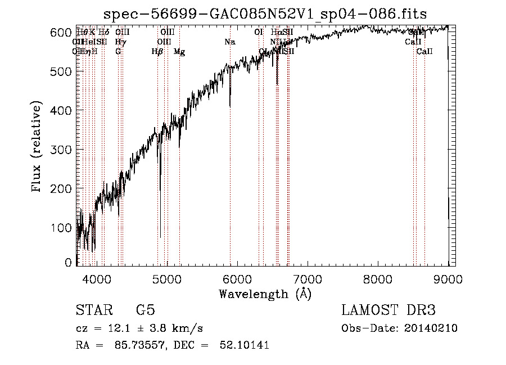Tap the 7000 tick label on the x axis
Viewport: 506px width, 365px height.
pos(308,278)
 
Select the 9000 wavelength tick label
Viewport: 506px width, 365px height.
pos(449,278)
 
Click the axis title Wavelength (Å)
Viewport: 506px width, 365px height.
pos(265,294)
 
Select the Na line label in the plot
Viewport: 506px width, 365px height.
pos(229,42)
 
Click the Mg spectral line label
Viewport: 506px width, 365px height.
pos(179,52)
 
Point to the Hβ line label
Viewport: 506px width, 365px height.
pos(157,52)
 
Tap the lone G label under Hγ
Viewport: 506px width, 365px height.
pos(118,52)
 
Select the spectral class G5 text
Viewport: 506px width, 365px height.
pos(145,310)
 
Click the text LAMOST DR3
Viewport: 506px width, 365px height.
pos(388,310)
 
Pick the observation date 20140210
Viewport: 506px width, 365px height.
pos(432,328)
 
